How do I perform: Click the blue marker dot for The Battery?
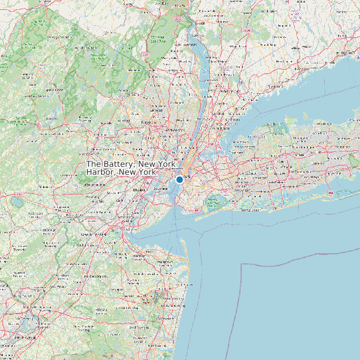(179, 179)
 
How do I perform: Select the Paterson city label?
(148, 123)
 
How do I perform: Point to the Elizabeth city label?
(139, 190)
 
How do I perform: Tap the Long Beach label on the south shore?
(250, 210)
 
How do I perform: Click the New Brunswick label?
(90, 234)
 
